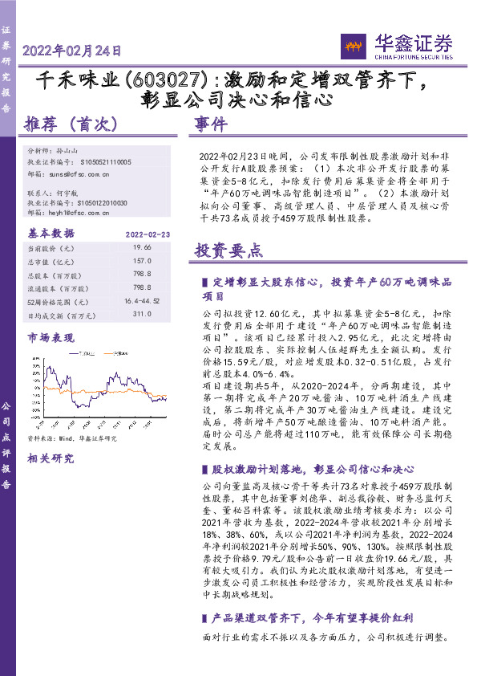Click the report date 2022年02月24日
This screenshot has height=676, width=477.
pos(72,51)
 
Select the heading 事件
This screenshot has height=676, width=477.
pos(212,124)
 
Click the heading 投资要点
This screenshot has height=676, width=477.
pos(228,250)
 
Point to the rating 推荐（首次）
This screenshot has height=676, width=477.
pos(72,124)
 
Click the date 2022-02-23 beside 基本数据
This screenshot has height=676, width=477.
pos(148,234)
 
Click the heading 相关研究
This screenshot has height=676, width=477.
pos(51,458)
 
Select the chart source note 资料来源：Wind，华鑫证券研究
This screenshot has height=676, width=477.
pos(72,438)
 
